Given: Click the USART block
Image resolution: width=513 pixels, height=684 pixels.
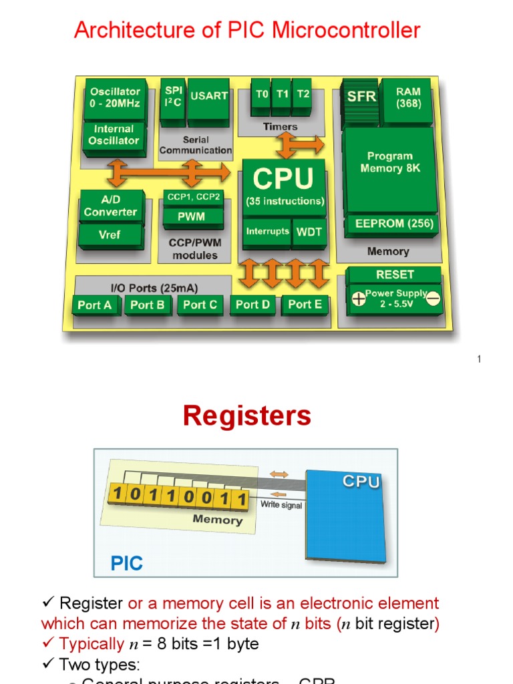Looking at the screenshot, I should pos(208,98).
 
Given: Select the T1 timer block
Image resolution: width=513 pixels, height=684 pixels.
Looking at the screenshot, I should pos(283,95).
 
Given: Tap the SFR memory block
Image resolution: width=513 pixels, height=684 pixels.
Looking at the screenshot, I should pos(361,97).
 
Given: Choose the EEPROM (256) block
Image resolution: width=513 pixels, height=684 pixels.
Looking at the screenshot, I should pos(393,224).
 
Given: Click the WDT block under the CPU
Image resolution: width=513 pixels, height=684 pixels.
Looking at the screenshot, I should pos(309,232).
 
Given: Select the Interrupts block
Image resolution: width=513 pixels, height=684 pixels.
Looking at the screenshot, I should pos(267,232).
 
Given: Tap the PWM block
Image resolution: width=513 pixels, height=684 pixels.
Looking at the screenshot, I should pos(191,216).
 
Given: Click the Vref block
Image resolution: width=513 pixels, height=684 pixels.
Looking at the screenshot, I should pos(110,235).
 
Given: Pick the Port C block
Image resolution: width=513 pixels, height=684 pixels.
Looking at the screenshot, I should pos(200,305).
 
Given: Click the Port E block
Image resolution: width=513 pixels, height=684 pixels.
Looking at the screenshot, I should pos(305,305).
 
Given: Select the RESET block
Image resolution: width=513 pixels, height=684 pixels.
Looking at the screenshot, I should pos(394,275).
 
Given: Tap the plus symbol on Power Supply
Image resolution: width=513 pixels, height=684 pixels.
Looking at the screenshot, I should pos(359,299).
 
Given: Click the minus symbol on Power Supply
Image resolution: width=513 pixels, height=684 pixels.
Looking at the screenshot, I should pos(433,299).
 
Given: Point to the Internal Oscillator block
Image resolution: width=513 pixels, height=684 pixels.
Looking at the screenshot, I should pos(114,135).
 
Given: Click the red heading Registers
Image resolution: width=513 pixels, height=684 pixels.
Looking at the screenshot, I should pos(247,416).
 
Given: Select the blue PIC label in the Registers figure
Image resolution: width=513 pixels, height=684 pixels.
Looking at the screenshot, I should pos(127,563).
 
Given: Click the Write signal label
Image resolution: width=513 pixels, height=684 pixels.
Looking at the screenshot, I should pos(281,506).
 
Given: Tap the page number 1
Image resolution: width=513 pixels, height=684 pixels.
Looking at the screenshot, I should pos(479,360).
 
